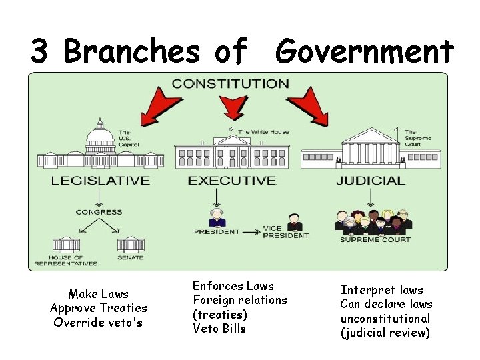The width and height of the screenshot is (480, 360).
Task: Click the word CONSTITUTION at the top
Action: tap(231, 84)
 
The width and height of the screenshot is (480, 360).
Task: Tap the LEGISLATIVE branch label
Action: tap(100, 180)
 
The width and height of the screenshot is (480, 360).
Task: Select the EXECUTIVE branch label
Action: tap(231, 180)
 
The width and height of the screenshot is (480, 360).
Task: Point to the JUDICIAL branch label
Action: tap(370, 180)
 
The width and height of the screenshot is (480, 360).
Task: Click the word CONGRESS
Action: tap(99, 212)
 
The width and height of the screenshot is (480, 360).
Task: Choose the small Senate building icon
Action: tap(130, 243)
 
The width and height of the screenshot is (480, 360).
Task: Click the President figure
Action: tap(216, 218)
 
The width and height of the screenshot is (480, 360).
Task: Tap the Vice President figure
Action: tap(293, 222)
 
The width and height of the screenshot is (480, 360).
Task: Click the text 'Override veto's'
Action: tap(99, 322)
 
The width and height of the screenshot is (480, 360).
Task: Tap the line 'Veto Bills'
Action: tap(219, 329)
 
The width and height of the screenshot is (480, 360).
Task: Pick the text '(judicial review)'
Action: tap(385, 333)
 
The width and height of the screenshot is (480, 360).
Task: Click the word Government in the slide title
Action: tap(365, 51)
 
